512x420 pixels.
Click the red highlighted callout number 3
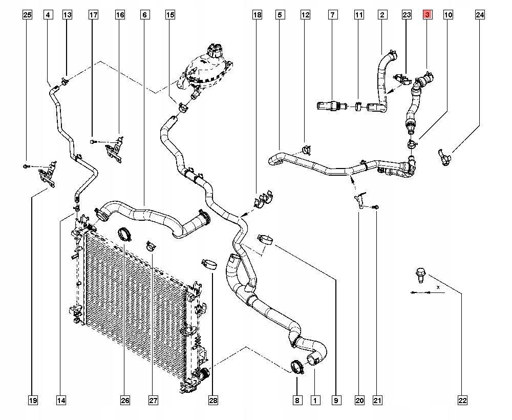(x=428, y=15)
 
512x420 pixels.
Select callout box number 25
(x=28, y=15)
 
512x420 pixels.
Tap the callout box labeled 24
(x=480, y=15)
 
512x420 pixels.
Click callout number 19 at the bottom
(x=33, y=400)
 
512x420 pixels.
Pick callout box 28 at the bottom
(x=213, y=400)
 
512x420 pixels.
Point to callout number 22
(x=462, y=400)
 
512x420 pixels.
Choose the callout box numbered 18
(x=258, y=15)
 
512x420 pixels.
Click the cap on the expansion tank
(x=214, y=49)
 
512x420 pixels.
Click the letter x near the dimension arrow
(x=438, y=287)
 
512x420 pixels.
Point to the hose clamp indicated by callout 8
(x=297, y=366)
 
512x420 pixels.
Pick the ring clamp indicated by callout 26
(x=124, y=234)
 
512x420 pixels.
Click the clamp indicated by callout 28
(x=209, y=264)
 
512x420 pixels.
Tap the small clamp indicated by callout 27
(x=151, y=246)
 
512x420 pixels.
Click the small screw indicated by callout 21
(x=376, y=207)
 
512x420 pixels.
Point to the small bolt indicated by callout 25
(x=26, y=166)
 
